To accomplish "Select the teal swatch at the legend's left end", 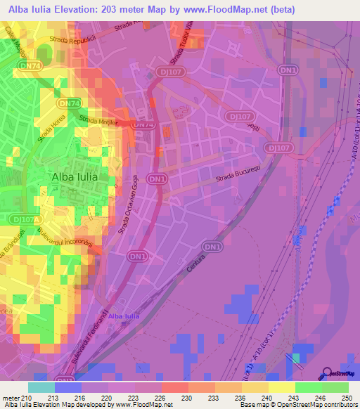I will (41, 387).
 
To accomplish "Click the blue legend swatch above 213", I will (67, 387).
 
